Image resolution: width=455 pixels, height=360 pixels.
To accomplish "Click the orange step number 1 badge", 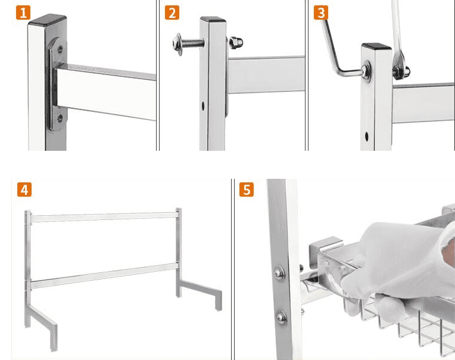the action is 23,13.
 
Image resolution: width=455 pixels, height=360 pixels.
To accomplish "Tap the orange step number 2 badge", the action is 172,13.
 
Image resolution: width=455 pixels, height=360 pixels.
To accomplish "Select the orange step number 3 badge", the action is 321,13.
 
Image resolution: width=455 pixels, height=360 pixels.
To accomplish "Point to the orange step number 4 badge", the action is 24,190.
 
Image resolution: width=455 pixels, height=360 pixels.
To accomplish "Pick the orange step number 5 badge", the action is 247,190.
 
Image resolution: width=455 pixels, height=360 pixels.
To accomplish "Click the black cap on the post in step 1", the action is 48,20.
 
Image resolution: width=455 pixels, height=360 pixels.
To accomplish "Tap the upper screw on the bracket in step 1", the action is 60,49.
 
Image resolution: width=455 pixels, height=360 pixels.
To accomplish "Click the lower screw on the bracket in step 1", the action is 60,118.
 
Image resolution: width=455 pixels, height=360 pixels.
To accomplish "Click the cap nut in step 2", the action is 236,43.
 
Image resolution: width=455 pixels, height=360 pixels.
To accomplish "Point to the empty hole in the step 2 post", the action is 203,106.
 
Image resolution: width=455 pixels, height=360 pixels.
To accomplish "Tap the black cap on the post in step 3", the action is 376,46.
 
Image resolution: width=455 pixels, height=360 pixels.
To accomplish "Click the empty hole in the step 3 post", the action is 366,136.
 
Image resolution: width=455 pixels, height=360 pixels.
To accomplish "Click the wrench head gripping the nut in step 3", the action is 398,67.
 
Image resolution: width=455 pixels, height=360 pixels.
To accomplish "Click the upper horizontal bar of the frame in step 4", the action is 104,217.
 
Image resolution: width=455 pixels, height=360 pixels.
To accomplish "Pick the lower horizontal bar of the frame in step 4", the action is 104,275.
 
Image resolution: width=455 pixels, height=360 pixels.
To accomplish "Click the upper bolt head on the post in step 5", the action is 279,273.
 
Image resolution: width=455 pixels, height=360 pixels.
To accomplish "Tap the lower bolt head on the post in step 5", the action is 282,318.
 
